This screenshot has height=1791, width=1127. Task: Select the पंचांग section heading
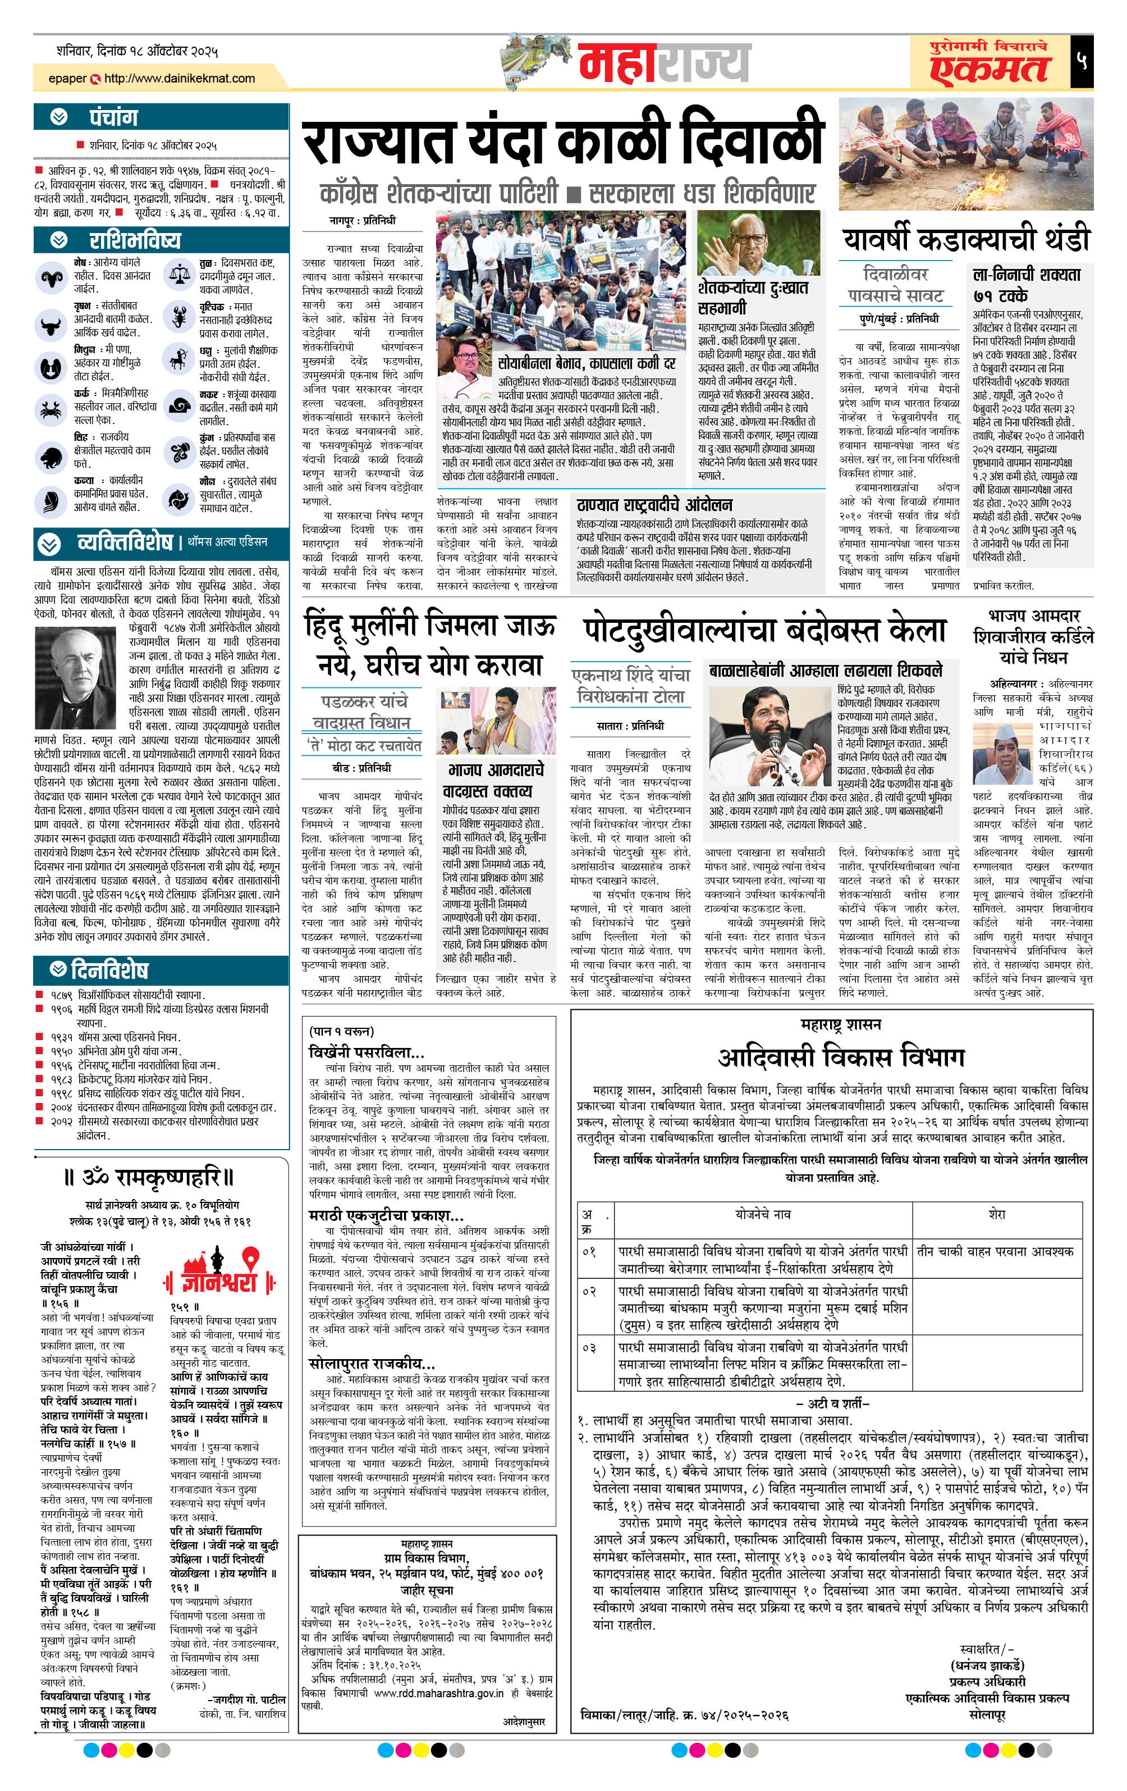click(x=113, y=117)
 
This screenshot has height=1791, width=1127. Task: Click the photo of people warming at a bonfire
click(x=965, y=154)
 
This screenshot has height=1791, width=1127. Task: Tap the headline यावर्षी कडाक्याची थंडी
click(x=965, y=239)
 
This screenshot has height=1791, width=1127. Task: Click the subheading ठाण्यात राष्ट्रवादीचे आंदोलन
click(x=654, y=505)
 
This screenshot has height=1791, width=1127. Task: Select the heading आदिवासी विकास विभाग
click(x=840, y=1057)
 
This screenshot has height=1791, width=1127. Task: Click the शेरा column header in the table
click(x=996, y=1215)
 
